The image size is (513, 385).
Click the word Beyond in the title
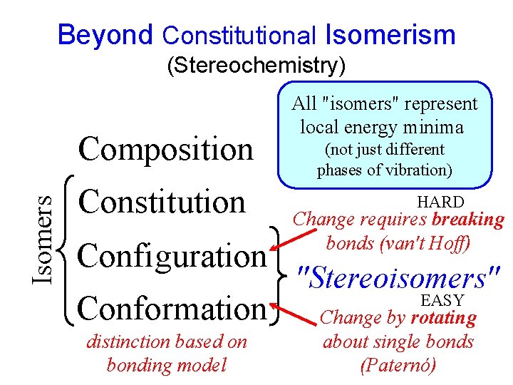[x=105, y=34]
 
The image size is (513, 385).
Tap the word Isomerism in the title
[x=390, y=34]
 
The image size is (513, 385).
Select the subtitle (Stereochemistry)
[x=256, y=66]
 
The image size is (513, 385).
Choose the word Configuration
[x=172, y=255]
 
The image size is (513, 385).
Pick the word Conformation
[x=172, y=308]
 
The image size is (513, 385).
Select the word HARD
[x=440, y=202]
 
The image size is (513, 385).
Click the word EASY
[x=442, y=300]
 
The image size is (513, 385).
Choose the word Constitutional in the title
[x=239, y=34]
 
